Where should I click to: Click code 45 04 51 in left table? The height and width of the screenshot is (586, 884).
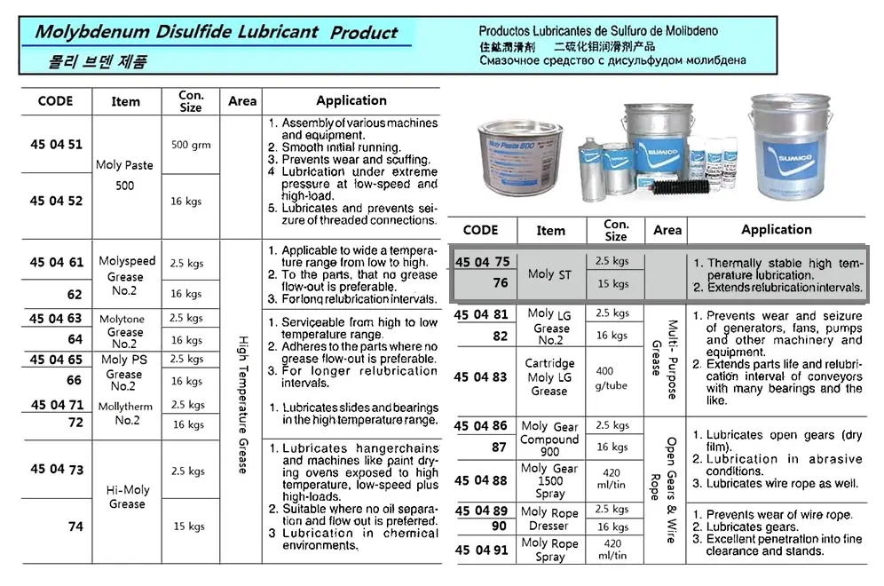(x=56, y=144)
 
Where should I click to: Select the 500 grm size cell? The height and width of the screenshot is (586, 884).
(x=191, y=144)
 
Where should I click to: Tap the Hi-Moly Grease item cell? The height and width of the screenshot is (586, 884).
(x=127, y=496)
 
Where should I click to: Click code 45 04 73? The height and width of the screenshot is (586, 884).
(x=56, y=469)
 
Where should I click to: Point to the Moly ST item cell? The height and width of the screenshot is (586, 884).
(x=549, y=274)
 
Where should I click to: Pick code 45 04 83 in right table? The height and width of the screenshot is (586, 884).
(x=480, y=376)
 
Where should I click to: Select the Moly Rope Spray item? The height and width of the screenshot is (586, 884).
(x=549, y=550)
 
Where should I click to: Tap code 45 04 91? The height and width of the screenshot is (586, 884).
(x=480, y=550)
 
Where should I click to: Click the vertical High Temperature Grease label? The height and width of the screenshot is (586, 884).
(x=241, y=404)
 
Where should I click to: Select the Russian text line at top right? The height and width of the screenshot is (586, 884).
(x=612, y=61)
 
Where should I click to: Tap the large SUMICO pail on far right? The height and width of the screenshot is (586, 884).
(x=789, y=146)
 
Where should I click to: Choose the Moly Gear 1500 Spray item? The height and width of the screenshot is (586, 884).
(x=549, y=480)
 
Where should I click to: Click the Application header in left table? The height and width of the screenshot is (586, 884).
(x=351, y=100)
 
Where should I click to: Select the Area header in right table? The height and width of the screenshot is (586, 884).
(x=667, y=230)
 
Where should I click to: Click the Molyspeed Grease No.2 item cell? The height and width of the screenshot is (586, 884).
(x=127, y=276)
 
